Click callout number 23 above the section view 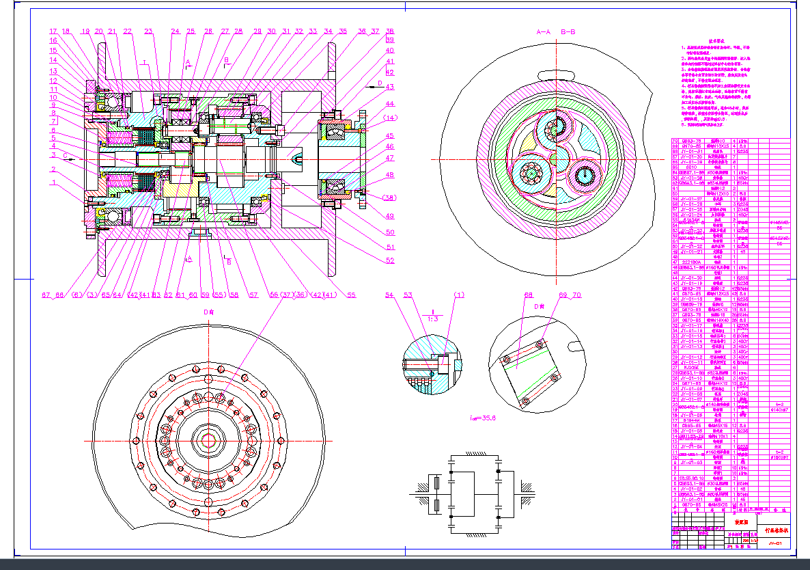[148, 31]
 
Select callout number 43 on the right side [391, 87]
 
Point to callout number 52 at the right [391, 260]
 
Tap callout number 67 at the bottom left [46, 295]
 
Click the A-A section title [544, 31]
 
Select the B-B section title [568, 31]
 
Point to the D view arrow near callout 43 [374, 83]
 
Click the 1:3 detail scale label [432, 318]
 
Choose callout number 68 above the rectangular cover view [528, 295]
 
